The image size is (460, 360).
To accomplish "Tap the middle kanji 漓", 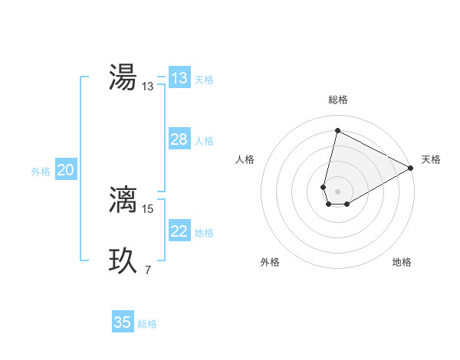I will pyautogui.click(x=123, y=198).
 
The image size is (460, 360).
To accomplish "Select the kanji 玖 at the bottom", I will pyautogui.click(x=123, y=260).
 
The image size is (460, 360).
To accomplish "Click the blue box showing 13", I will pyautogui.click(x=179, y=78).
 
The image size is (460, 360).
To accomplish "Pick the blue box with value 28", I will pyautogui.click(x=179, y=139).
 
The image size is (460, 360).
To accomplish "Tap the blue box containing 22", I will pyautogui.click(x=179, y=231).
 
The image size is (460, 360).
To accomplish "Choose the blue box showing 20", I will pyautogui.click(x=66, y=171).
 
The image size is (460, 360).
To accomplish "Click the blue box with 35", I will pyautogui.click(x=123, y=322).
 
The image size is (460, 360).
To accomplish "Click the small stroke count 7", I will pyautogui.click(x=147, y=270).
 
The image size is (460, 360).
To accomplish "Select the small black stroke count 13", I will pyautogui.click(x=148, y=87).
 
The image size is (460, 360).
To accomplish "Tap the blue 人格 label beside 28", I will pyautogui.click(x=204, y=141).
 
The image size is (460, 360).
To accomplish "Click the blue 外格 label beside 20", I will pyautogui.click(x=41, y=172).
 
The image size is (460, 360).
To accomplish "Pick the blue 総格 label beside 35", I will pyautogui.click(x=147, y=324).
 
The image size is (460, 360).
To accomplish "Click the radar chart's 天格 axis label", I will pyautogui.click(x=431, y=159).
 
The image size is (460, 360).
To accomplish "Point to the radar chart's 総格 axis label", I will pyautogui.click(x=338, y=100).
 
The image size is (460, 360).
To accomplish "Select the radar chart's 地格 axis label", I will pyautogui.click(x=402, y=262).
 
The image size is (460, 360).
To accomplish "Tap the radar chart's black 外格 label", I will pyautogui.click(x=270, y=262).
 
